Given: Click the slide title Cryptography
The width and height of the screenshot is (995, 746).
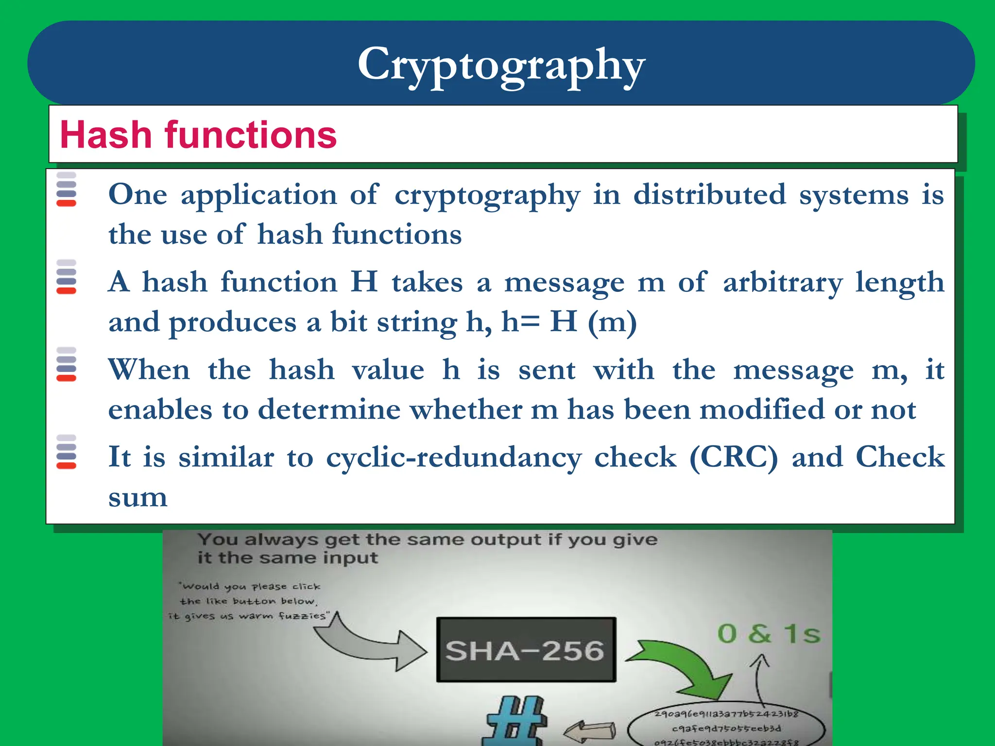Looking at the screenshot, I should coord(501,65).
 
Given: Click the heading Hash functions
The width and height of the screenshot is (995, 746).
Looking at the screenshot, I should coord(198,135).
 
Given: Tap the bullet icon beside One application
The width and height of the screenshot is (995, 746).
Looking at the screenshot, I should coord(67,189).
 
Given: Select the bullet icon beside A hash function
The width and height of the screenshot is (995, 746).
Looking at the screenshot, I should coord(67,277).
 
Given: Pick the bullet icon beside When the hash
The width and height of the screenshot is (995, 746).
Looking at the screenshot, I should coord(67,365).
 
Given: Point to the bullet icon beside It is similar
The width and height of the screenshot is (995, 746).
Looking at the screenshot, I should coord(67,452).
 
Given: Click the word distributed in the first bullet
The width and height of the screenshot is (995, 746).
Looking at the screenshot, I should coord(709,195).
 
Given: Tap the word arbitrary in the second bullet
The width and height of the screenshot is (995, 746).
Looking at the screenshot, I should coord(783,283).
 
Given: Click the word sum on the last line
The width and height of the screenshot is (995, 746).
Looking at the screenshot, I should coord(138,497).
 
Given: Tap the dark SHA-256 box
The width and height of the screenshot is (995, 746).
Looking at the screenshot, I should coord(526,650).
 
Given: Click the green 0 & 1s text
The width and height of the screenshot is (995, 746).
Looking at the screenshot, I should coord(769,634).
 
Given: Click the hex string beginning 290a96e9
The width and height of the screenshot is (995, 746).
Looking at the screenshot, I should coord(726,714).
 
